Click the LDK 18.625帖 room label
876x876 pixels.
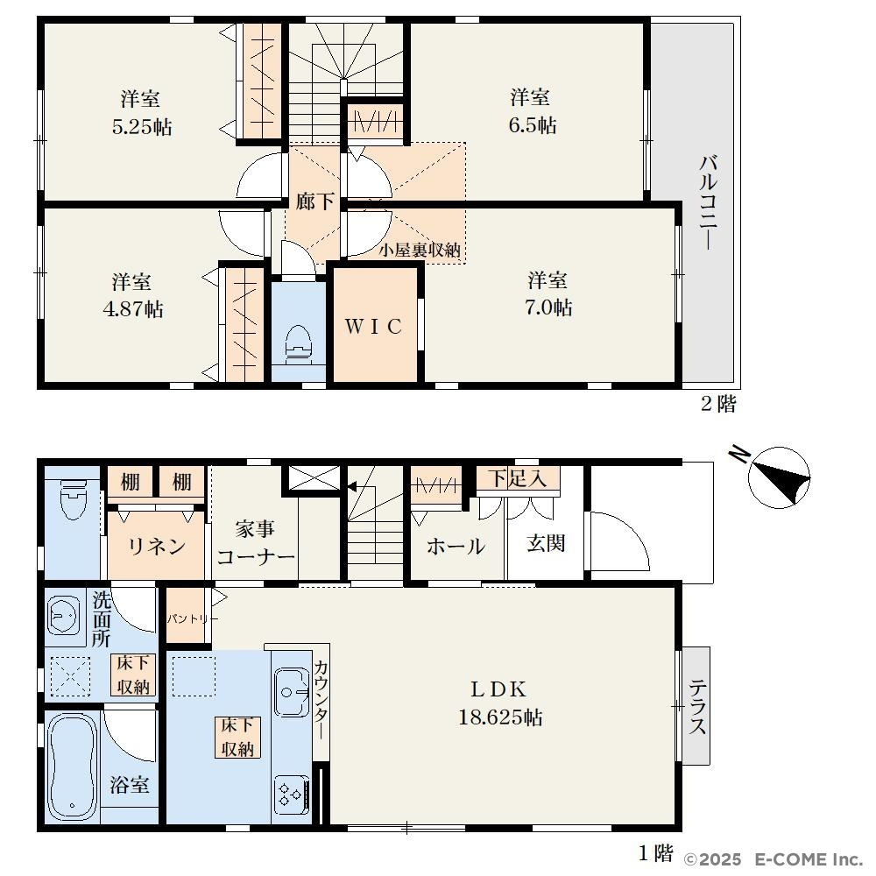pyautogui.click(x=499, y=703)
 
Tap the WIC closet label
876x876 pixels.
pyautogui.click(x=374, y=327)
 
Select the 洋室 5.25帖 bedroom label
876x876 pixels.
pyautogui.click(x=141, y=113)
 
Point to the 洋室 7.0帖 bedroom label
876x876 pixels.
pyautogui.click(x=548, y=293)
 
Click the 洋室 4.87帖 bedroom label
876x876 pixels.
pyautogui.click(x=133, y=295)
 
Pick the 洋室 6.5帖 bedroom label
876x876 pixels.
pyautogui.click(x=532, y=111)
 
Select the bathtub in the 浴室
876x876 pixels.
pyautogui.click(x=73, y=766)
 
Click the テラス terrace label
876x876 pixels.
pyautogui.click(x=697, y=707)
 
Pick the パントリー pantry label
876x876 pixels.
pyautogui.click(x=192, y=619)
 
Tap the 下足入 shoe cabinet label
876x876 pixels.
pyautogui.click(x=518, y=478)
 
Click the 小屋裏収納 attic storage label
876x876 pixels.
pyautogui.click(x=420, y=250)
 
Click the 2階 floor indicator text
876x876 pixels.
pyautogui.click(x=718, y=403)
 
